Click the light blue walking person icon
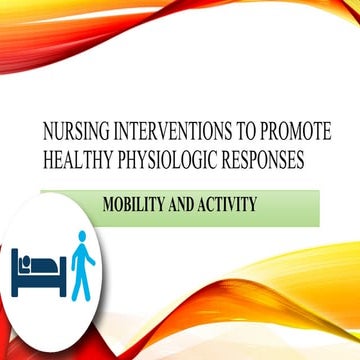(83, 262)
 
